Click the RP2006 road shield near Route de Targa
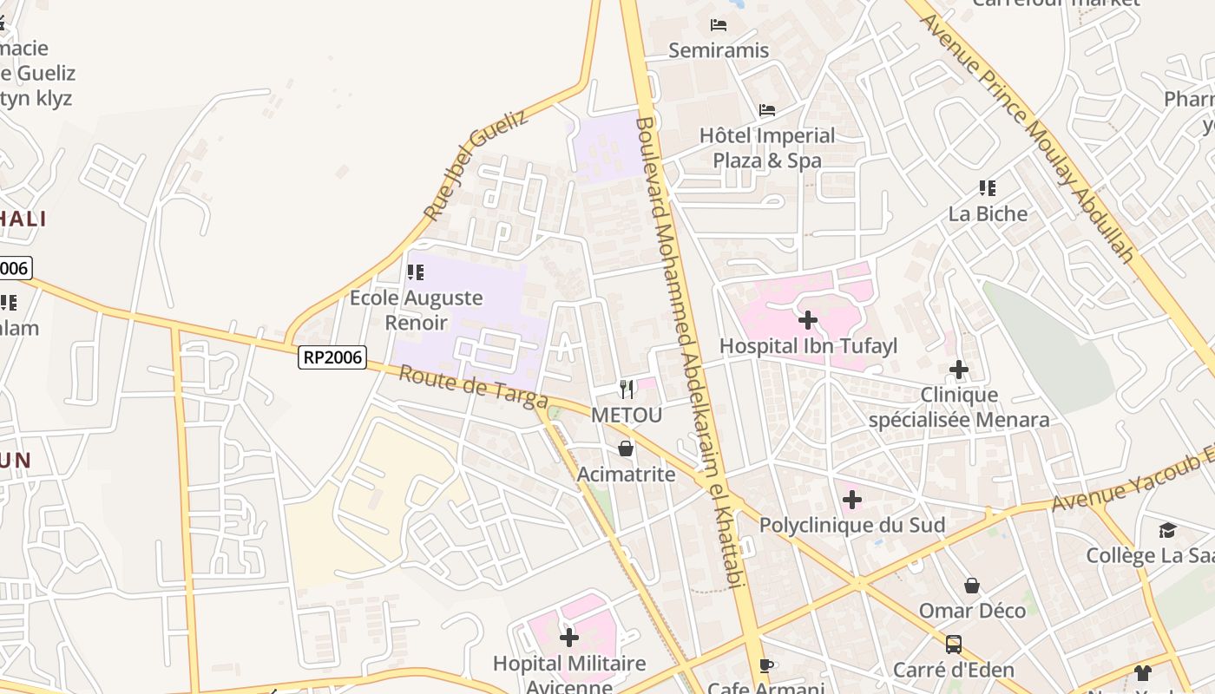point(332,357)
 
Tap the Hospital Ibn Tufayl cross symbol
point(808,320)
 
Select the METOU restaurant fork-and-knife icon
point(627,389)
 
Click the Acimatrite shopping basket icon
point(626,448)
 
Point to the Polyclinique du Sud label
point(851,525)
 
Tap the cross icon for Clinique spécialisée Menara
point(959,370)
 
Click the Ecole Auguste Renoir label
point(416,310)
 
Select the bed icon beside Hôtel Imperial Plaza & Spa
point(767,110)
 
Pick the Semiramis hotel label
point(719,50)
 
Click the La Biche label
point(988,213)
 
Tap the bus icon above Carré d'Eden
point(954,644)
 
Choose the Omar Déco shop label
point(972,610)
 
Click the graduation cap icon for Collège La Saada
point(1167,530)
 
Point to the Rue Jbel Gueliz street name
point(475,165)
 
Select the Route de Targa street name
point(473,386)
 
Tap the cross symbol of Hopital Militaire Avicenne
point(569,638)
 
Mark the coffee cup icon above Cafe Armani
point(765,665)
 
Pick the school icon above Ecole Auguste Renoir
point(416,272)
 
